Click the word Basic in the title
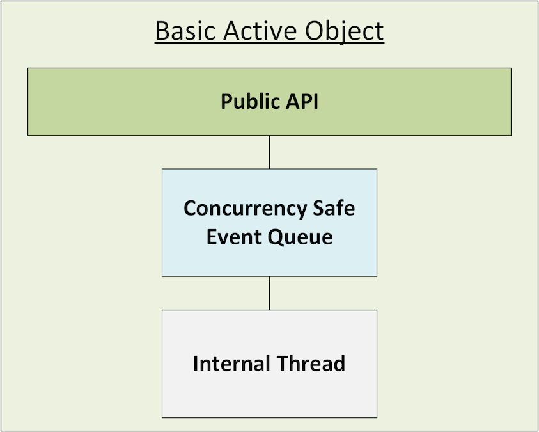(183, 31)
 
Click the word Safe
(334, 209)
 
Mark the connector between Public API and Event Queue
(269, 152)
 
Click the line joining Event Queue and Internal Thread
(269, 293)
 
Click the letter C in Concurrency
(191, 209)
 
